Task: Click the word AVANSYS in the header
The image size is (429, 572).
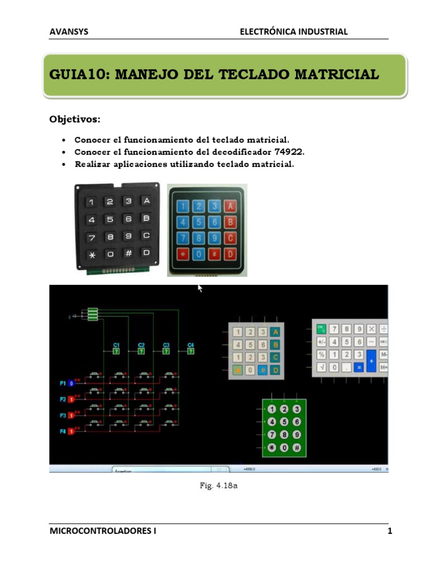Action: pyautogui.click(x=69, y=32)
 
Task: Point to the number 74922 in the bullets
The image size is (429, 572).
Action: pyautogui.click(x=289, y=152)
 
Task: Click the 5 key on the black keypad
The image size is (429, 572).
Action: pyautogui.click(x=110, y=219)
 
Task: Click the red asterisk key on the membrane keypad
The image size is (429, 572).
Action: pyautogui.click(x=183, y=255)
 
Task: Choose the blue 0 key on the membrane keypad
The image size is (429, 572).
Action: pyautogui.click(x=198, y=255)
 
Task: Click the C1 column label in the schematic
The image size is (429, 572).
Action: pyautogui.click(x=116, y=345)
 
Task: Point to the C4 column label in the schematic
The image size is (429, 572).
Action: pyautogui.click(x=190, y=345)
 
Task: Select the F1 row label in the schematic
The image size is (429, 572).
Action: pyautogui.click(x=63, y=383)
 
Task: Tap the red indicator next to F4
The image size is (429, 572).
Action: pyautogui.click(x=71, y=431)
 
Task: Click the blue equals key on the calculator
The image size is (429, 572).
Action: pyautogui.click(x=359, y=367)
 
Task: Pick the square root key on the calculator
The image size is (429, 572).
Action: pyautogui.click(x=322, y=367)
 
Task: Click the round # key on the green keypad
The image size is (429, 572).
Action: pyautogui.click(x=297, y=447)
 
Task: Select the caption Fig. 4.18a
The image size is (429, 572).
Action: pyautogui.click(x=219, y=487)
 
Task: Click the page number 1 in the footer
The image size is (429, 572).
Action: pyautogui.click(x=390, y=531)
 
